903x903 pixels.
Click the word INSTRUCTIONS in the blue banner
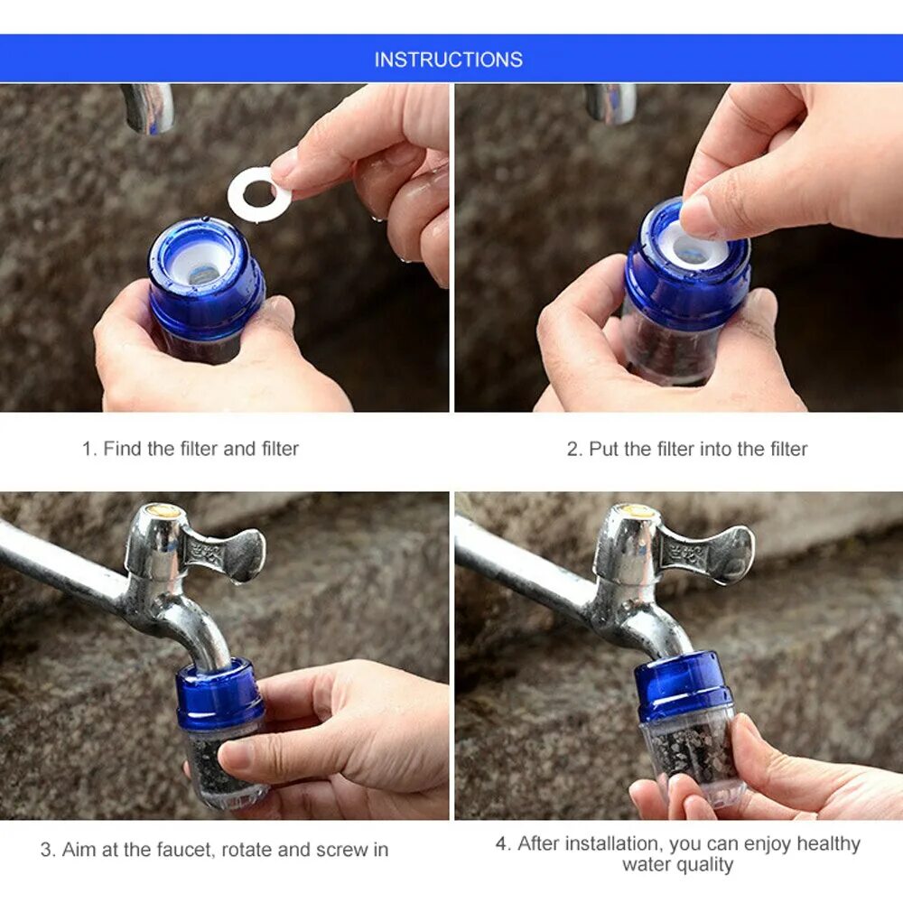coord(449,60)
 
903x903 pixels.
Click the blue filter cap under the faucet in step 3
coord(219,694)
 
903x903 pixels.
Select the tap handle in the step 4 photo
coord(706,553)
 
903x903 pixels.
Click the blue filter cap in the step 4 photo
coord(684,686)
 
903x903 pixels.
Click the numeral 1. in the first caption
coord(89,449)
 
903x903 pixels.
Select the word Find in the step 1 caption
coord(122,449)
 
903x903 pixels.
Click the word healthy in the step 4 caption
coord(828,844)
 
